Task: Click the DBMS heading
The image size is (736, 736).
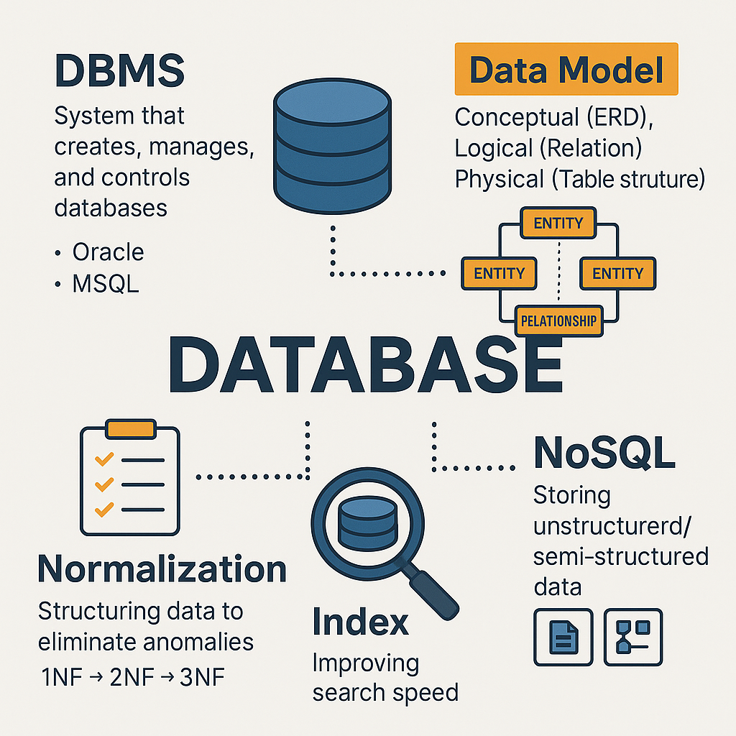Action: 119,71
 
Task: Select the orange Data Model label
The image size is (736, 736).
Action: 566,70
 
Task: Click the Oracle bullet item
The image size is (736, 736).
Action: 108,252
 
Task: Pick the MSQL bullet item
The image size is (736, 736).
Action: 105,283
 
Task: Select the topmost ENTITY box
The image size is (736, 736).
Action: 558,223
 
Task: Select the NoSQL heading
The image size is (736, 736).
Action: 604,453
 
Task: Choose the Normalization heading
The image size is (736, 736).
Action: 162,569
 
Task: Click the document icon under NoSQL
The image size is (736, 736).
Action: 563,637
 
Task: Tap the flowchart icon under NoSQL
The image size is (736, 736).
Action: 633,637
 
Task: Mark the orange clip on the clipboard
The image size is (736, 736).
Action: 129,429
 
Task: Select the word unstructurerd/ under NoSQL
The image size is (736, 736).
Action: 612,526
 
